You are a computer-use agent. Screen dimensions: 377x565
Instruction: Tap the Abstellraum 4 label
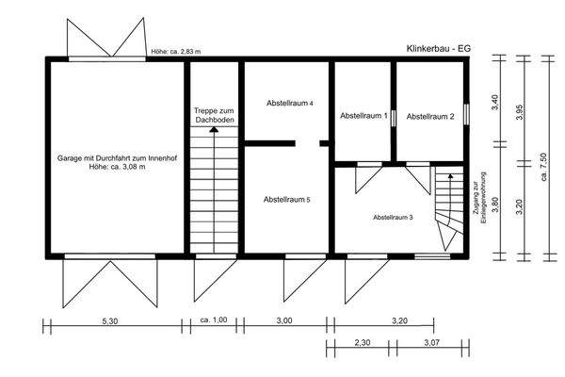pos(289,102)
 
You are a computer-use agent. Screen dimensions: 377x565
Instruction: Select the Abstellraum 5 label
pos(287,200)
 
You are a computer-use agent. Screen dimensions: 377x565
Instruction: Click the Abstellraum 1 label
pos(363,116)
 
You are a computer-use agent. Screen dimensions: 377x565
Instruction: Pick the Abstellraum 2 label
pos(430,116)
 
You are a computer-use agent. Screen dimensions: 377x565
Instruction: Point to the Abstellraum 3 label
pos(393,218)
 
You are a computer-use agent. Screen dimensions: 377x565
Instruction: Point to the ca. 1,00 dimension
pos(214,320)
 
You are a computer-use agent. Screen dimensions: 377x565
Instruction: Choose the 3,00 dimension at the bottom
pos(282,320)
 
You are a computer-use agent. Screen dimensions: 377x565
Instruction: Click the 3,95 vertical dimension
pos(519,111)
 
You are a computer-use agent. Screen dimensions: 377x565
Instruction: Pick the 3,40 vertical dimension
pos(495,102)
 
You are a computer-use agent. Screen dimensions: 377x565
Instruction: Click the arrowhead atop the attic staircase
pos(214,131)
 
